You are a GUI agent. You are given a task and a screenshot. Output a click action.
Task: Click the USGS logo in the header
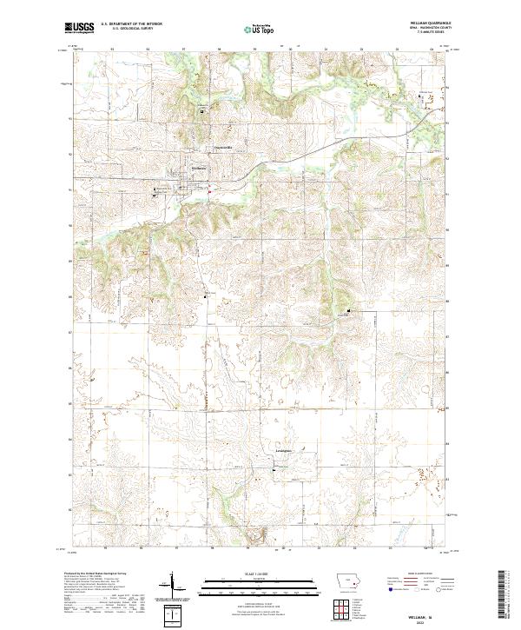point(79,27)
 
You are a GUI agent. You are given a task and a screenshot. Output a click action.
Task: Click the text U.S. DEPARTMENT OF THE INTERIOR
point(130,24)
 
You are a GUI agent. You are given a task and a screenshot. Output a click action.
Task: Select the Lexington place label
point(276,452)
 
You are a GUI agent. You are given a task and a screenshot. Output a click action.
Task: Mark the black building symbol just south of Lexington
point(276,470)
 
